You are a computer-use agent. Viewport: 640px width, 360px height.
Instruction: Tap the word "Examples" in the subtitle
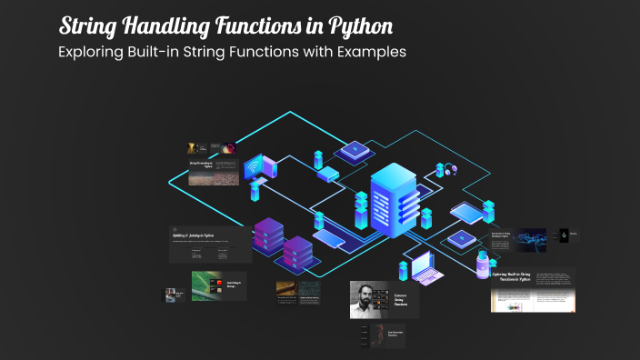pyautogui.click(x=369, y=51)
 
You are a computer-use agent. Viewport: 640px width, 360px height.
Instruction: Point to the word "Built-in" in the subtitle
pyautogui.click(x=159, y=51)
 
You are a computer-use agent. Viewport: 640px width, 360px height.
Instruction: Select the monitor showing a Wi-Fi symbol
pyautogui.click(x=254, y=167)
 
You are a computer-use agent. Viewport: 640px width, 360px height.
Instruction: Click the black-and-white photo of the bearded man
pyautogui.click(x=369, y=299)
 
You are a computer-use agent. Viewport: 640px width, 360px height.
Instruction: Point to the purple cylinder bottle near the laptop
pyautogui.click(x=482, y=266)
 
